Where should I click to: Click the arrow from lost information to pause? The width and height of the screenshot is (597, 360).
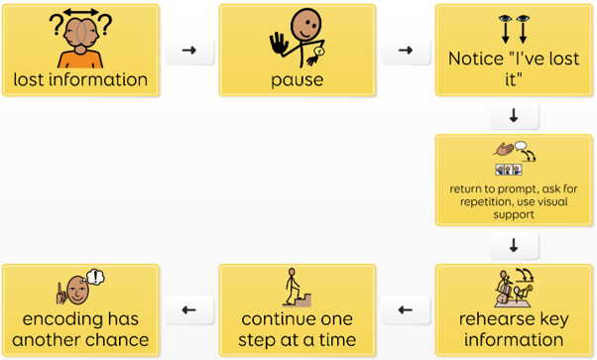(189, 50)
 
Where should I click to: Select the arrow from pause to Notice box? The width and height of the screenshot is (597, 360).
(406, 50)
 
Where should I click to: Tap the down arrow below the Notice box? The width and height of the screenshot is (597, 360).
(514, 115)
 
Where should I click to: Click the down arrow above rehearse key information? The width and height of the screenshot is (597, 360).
(514, 245)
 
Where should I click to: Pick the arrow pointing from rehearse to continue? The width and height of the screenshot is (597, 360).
(406, 310)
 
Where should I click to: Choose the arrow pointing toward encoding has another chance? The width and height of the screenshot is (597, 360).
(189, 310)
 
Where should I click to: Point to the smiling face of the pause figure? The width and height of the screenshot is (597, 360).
(305, 25)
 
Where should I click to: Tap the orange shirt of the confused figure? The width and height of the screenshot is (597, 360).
(80, 60)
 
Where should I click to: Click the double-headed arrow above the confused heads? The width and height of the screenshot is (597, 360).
(80, 12)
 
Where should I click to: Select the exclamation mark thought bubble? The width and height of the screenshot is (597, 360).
(95, 278)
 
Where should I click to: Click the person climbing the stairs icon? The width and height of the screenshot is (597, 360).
(297, 288)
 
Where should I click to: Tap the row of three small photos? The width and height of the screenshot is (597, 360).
(509, 170)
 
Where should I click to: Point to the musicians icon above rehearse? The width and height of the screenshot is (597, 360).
(514, 288)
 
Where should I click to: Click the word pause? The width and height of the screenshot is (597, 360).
(297, 80)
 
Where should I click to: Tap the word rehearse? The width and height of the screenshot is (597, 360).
(489, 319)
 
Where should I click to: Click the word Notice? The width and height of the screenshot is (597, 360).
(476, 59)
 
